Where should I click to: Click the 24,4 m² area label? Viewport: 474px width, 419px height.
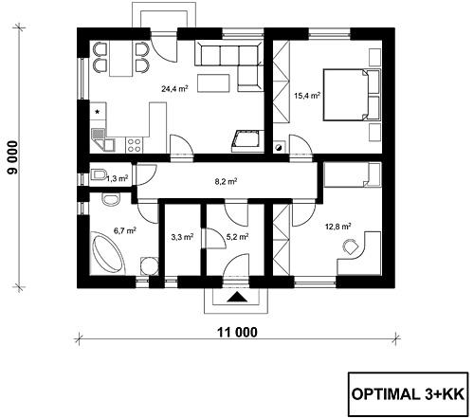point(174,88)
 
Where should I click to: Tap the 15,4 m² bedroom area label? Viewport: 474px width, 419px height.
point(307,95)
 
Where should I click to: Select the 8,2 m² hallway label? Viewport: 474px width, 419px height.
point(226,181)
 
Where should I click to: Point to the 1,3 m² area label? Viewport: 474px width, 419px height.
point(117,179)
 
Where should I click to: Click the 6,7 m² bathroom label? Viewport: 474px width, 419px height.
point(125,230)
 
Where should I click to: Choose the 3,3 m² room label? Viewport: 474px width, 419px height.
point(182,237)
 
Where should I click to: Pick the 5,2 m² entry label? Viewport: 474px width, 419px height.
point(237,237)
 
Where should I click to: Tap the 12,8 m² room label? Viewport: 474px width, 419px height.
point(338,227)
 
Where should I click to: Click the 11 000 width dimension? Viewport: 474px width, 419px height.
point(237,332)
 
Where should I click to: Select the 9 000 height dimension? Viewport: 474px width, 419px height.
point(13,157)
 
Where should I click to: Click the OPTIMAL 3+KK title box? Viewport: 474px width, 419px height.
point(408,394)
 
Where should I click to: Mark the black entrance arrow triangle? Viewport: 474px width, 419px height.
point(236,298)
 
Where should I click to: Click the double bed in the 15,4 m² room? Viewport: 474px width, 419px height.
point(352,95)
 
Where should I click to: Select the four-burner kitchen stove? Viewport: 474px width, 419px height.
point(134,145)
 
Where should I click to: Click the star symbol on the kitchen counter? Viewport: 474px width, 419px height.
point(98,111)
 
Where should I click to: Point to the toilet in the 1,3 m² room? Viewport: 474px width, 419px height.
point(98,174)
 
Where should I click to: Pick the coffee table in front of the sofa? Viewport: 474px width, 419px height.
point(213,83)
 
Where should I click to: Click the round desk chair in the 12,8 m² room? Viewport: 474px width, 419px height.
point(350,246)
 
